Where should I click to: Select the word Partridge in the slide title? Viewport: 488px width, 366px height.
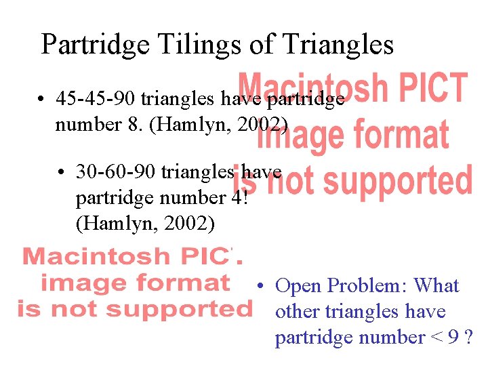click(96, 45)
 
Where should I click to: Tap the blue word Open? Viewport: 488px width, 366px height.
click(298, 286)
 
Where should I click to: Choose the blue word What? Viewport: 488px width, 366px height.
click(436, 286)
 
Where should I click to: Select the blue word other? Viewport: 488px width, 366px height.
click(298, 312)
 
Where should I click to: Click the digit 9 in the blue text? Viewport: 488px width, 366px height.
click(453, 338)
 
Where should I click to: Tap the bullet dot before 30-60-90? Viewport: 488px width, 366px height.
click(62, 173)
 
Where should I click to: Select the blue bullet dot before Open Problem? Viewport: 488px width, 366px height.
click(260, 286)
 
